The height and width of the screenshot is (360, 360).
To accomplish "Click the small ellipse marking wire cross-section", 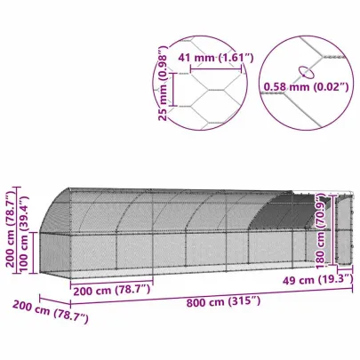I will tap(304, 71).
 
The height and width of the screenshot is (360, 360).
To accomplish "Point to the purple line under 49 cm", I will tap(311, 272).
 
